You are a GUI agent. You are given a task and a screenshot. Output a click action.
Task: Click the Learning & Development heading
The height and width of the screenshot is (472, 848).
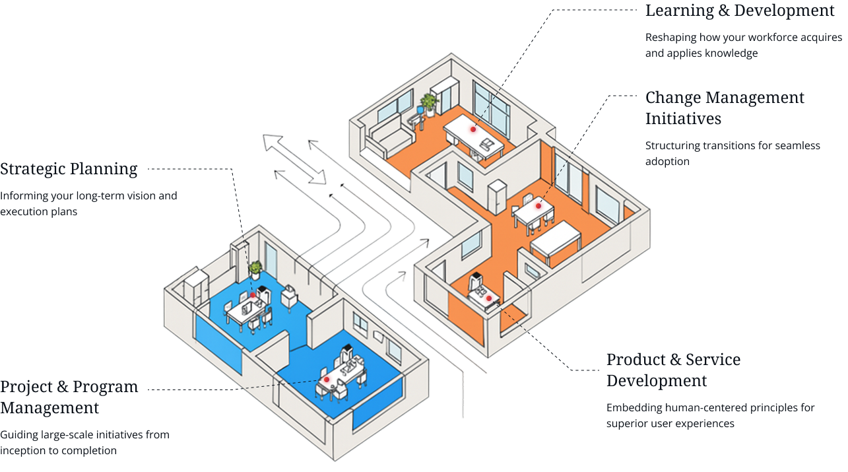click(x=740, y=11)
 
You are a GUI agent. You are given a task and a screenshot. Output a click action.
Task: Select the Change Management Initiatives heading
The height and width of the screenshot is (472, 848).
click(x=725, y=108)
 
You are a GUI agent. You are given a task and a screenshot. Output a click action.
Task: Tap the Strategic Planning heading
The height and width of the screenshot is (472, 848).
click(x=69, y=169)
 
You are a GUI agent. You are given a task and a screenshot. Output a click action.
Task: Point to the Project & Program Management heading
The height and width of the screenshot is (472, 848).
click(x=69, y=397)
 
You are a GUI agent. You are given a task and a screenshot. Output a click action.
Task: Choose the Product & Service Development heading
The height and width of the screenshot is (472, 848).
click(x=673, y=370)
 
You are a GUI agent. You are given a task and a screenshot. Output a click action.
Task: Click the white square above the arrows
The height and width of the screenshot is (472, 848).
click(x=231, y=74)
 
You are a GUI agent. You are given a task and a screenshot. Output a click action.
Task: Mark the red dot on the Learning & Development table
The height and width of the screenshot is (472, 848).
click(x=473, y=129)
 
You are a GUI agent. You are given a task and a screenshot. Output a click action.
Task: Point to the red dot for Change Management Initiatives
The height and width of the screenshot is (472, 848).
click(x=538, y=206)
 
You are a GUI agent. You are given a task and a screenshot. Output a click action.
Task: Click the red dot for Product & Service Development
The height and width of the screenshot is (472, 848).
click(x=489, y=298)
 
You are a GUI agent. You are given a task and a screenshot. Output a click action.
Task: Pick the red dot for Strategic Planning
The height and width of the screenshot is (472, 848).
click(x=252, y=295)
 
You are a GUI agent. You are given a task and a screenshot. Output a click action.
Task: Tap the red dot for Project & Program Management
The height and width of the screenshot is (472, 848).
click(x=326, y=380)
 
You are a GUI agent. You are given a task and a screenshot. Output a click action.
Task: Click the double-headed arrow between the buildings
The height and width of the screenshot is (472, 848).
click(x=295, y=159)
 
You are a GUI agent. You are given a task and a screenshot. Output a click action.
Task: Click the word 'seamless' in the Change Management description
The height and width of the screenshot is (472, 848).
click(x=799, y=146)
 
